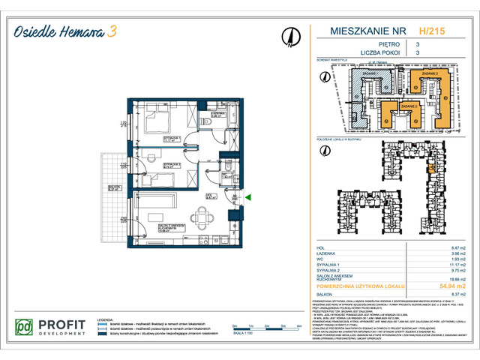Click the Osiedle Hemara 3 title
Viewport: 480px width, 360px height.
tap(67, 31)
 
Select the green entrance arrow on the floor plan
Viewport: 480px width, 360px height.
tap(248, 197)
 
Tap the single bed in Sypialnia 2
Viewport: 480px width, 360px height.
tap(161, 181)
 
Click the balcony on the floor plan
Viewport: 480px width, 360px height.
tap(115, 199)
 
